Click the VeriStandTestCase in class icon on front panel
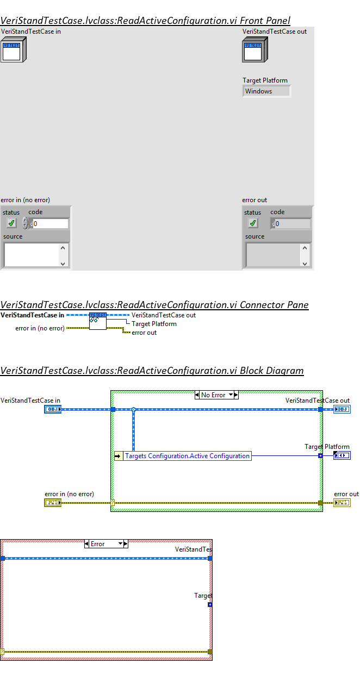[13, 49]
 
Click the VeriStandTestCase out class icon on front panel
[254, 49]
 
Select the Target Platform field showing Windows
[266, 91]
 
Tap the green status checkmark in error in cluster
[11, 223]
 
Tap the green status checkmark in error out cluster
[253, 223]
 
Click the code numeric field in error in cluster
[51, 223]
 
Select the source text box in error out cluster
[273, 254]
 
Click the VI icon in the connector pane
[98, 321]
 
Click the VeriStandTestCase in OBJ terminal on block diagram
[53, 409]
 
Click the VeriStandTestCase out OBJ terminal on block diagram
[342, 409]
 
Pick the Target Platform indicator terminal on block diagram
[342, 455]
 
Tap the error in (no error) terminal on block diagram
[53, 503]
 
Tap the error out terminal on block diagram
[342, 503]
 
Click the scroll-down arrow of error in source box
[63, 264]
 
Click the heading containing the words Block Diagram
[152, 371]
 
